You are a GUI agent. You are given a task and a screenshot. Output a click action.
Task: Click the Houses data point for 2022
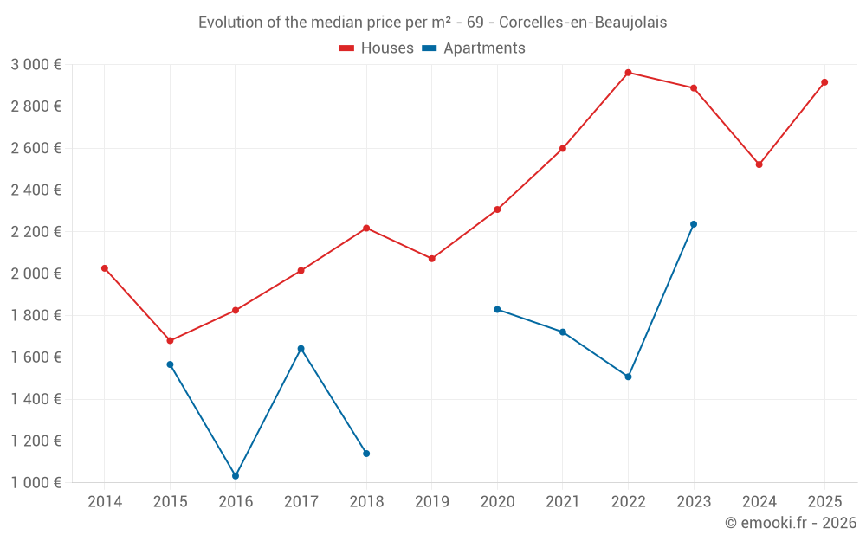click(x=628, y=73)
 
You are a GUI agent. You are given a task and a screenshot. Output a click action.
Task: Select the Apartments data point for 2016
click(x=236, y=476)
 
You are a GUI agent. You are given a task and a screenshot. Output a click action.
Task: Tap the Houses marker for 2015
click(x=170, y=341)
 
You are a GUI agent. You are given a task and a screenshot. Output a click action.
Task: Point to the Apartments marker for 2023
click(x=694, y=224)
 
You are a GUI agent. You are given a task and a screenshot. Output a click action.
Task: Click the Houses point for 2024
click(x=759, y=164)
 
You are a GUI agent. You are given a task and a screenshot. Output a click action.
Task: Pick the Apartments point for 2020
click(x=497, y=309)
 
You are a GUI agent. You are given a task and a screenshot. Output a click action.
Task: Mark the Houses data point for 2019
click(x=432, y=259)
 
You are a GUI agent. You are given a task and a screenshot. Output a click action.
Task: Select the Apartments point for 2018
click(x=366, y=454)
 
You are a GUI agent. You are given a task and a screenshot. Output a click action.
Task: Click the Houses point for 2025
click(x=824, y=82)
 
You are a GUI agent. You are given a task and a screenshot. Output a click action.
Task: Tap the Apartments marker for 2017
click(x=301, y=349)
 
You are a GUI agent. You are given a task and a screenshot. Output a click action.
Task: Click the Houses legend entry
click(x=377, y=48)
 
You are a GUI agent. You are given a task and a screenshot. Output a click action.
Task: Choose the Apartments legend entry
click(x=474, y=48)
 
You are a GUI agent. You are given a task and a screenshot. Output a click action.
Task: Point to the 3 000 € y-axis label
click(x=36, y=65)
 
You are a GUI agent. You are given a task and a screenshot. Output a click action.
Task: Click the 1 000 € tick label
click(x=36, y=483)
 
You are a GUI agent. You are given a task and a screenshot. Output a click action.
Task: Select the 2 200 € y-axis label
click(x=36, y=232)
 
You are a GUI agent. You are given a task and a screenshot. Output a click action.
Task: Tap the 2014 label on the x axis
click(x=105, y=502)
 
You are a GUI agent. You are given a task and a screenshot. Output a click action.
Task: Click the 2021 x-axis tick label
click(x=563, y=502)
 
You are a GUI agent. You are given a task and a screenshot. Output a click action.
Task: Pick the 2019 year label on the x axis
click(x=432, y=502)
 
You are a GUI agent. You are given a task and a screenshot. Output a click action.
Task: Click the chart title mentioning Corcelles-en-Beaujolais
click(x=433, y=23)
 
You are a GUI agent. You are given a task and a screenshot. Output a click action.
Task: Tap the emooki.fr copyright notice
click(x=790, y=523)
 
